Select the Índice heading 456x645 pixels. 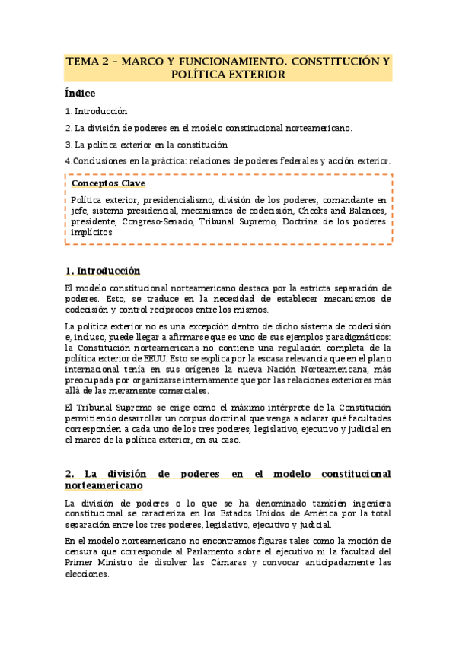80,94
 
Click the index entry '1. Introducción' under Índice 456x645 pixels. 96,111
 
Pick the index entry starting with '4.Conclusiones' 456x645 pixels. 228,161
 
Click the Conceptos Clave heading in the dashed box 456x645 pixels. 108,183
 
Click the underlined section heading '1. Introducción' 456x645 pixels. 103,271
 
